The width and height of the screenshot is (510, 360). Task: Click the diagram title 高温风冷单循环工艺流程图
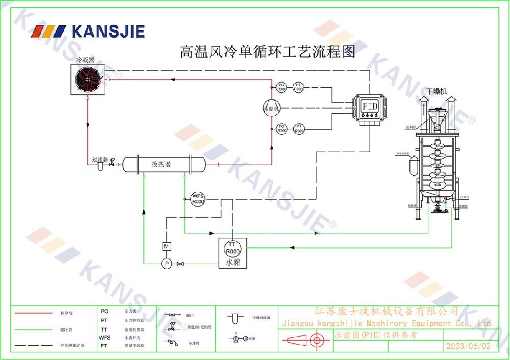(267, 52)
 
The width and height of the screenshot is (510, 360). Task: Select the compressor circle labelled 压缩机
(271, 108)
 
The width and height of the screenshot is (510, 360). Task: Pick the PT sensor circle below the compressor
(299, 128)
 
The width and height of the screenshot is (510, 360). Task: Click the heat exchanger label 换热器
(161, 164)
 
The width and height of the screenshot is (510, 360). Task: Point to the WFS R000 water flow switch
(197, 199)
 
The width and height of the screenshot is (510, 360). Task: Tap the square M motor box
(166, 247)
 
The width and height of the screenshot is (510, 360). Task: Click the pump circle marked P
(166, 263)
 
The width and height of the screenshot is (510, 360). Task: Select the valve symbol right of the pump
(180, 264)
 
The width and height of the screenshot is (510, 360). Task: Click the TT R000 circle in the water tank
(233, 249)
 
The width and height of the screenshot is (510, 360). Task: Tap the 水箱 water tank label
(233, 263)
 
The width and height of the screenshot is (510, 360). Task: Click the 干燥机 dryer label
(437, 91)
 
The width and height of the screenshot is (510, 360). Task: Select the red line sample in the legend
(34, 313)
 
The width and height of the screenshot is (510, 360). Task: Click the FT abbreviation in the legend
(104, 345)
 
